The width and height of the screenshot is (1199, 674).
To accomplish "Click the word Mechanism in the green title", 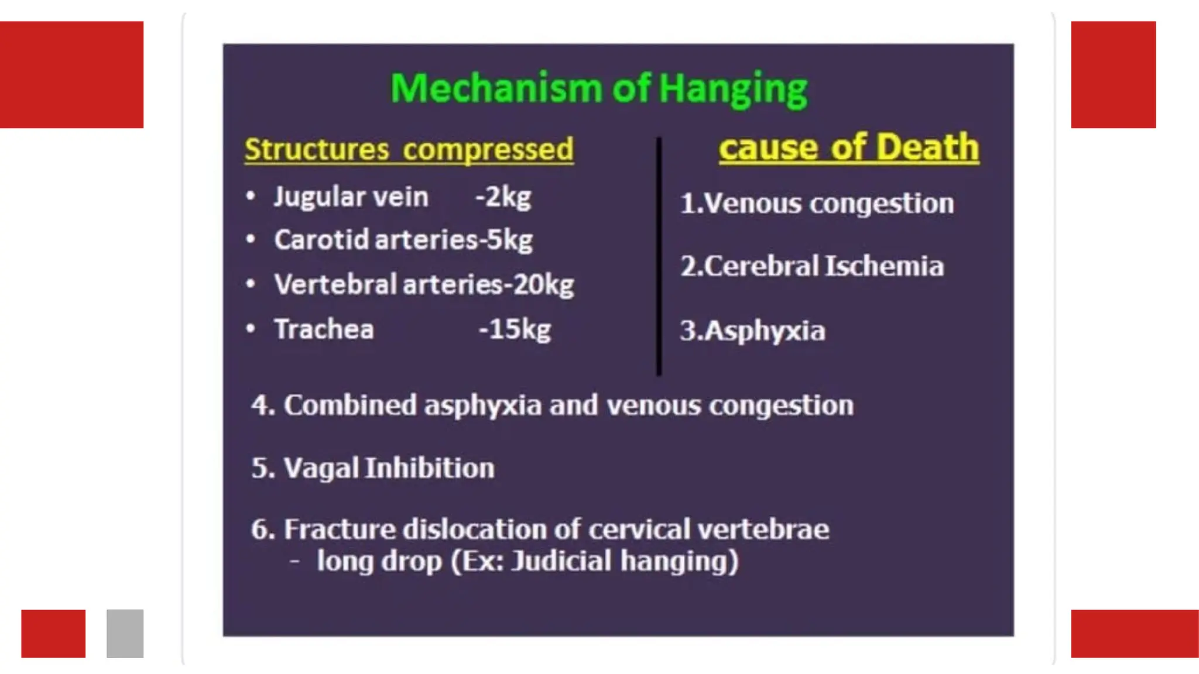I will pyautogui.click(x=496, y=89).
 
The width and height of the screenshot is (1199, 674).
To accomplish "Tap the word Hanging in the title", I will pyautogui.click(x=733, y=89).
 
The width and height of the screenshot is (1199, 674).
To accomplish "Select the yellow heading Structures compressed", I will pyautogui.click(x=409, y=149).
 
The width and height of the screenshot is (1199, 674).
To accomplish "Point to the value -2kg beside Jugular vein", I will pyautogui.click(x=503, y=197).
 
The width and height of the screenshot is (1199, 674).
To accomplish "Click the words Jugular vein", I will pyautogui.click(x=351, y=197).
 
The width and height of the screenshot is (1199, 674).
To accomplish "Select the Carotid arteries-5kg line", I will pyautogui.click(x=403, y=240).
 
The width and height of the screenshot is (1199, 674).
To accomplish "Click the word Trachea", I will pyautogui.click(x=324, y=329).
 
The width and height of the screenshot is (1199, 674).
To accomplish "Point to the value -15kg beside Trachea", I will pyautogui.click(x=515, y=329).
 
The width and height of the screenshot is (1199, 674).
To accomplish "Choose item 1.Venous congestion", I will pyautogui.click(x=817, y=204).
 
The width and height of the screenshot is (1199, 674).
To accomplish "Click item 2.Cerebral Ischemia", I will pyautogui.click(x=812, y=266).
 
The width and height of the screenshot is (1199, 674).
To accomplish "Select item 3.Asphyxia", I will pyautogui.click(x=752, y=331).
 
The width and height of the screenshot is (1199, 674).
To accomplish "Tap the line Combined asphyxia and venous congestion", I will pyautogui.click(x=552, y=405).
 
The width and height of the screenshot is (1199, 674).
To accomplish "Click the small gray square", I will pyautogui.click(x=125, y=634).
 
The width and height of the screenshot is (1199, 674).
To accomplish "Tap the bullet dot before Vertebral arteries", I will pyautogui.click(x=251, y=284).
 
